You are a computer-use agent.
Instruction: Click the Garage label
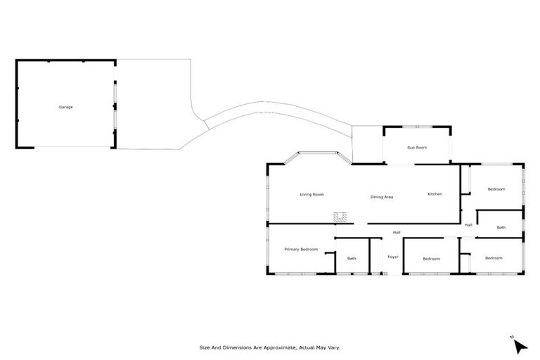tap(65, 107)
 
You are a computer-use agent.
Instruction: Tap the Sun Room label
tap(417, 148)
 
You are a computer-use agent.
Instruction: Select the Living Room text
tap(311, 194)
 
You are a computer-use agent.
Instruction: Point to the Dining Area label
tap(382, 197)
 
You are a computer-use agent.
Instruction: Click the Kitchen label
tap(435, 194)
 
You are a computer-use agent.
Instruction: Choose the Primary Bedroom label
tap(301, 250)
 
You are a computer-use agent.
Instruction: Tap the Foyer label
tap(393, 257)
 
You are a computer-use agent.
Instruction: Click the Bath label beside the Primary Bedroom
tap(352, 259)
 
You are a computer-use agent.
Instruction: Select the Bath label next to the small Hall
tap(501, 227)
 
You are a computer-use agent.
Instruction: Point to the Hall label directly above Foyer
tap(397, 233)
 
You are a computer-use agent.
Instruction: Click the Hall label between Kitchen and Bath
tap(468, 225)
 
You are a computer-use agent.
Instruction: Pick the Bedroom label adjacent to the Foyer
tap(431, 259)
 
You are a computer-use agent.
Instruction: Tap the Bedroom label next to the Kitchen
tap(496, 189)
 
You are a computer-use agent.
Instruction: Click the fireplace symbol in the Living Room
tap(341, 217)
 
